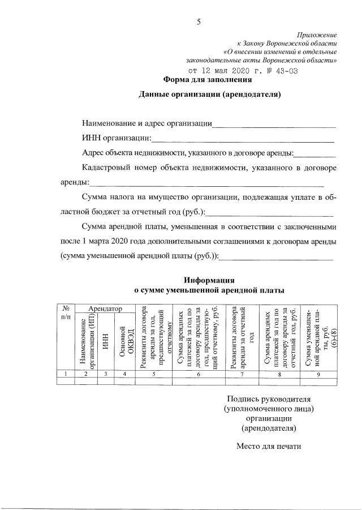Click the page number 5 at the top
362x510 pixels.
pyautogui.click(x=199, y=22)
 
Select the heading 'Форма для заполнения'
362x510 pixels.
pyautogui.click(x=203, y=80)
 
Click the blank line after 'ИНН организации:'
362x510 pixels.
pyautogui.click(x=243, y=139)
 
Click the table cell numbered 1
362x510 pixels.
pyautogui.click(x=66, y=374)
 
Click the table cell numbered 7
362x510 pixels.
pyautogui.click(x=242, y=374)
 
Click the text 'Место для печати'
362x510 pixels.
pyautogui.click(x=268, y=445)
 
